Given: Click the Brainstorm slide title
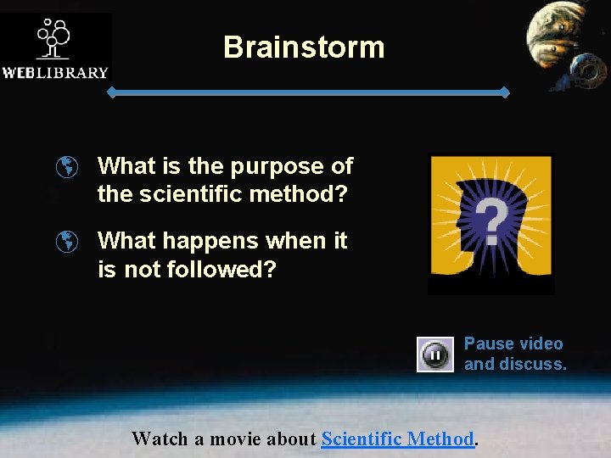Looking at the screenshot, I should (x=304, y=47).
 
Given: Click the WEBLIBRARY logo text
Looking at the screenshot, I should (x=55, y=73).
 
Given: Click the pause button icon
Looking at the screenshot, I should (x=434, y=355).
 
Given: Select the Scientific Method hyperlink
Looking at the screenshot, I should (x=397, y=438).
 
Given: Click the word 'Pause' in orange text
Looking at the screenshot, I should (x=488, y=343).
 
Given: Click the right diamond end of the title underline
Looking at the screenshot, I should (x=506, y=92).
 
